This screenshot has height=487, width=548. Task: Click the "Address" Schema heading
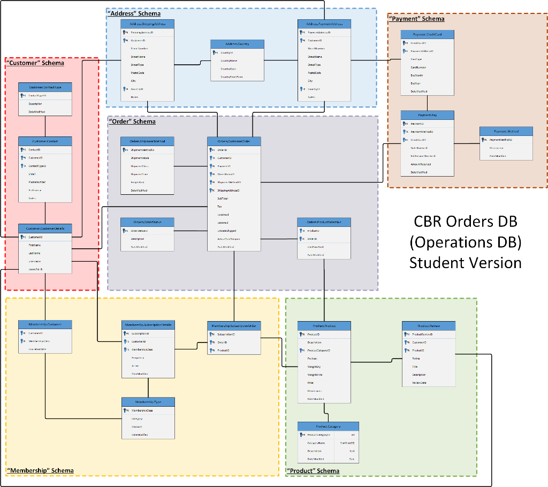click(x=134, y=13)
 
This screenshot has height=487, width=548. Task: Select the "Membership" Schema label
click(x=40, y=470)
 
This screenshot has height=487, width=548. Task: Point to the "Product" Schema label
click(x=313, y=471)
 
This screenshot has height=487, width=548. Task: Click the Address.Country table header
click(x=237, y=43)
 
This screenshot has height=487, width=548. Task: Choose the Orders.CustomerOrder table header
click(x=234, y=141)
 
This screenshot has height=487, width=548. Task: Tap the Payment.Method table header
click(x=506, y=131)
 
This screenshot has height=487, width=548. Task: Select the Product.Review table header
click(x=429, y=325)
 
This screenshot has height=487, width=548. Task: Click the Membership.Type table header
click(x=148, y=401)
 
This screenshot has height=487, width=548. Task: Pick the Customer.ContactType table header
click(x=45, y=86)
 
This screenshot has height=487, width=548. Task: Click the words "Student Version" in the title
click(x=465, y=263)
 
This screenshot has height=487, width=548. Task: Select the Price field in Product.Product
click(x=310, y=383)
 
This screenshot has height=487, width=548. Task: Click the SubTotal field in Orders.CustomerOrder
click(x=223, y=198)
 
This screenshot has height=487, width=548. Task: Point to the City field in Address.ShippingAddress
click(x=133, y=81)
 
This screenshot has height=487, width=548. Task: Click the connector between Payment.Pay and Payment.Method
click(x=467, y=143)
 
